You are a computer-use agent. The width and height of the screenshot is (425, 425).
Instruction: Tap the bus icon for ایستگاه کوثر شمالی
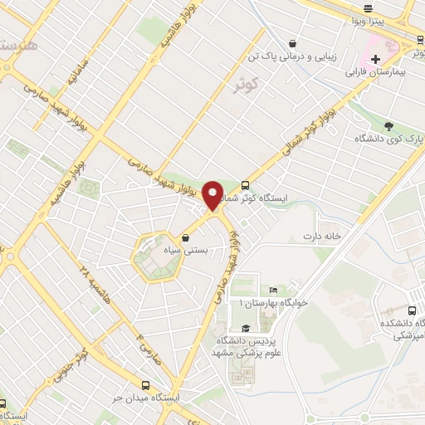245,186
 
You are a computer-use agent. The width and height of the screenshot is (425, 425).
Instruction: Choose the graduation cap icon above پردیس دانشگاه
245,328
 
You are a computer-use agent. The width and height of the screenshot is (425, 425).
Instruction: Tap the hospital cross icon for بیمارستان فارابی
376,60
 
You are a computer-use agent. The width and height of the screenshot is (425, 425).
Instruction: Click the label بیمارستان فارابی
379,73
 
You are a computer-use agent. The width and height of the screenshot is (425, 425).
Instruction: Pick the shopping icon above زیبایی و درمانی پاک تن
291,43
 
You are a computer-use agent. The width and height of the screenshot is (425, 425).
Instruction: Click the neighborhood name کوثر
267,81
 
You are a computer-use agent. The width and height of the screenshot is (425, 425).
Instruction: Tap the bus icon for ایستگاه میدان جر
146,385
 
